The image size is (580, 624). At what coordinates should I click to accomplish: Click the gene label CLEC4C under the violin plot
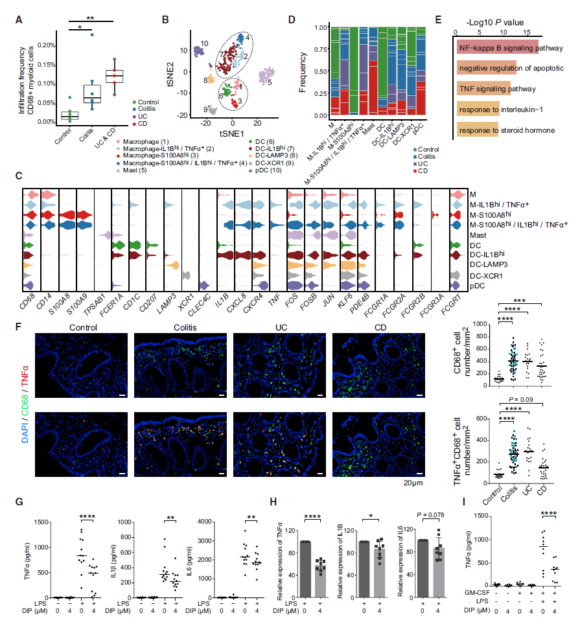(x=205, y=305)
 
